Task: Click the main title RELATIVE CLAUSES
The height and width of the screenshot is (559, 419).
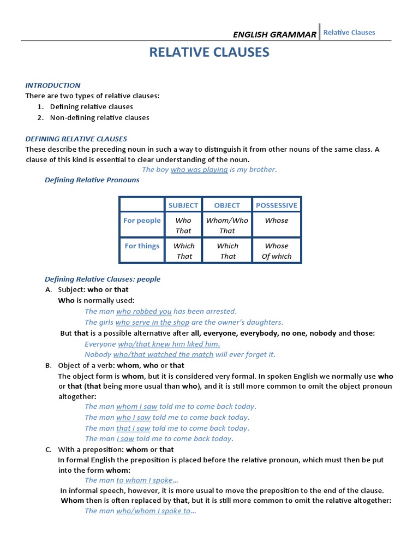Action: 209,52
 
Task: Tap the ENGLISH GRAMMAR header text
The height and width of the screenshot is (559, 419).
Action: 274,34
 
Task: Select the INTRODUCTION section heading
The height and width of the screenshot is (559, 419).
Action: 53,85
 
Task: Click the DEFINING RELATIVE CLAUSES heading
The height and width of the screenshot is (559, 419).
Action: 76,139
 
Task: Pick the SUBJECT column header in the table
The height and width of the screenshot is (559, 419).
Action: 183,205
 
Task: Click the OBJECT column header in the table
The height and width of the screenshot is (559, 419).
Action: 227,205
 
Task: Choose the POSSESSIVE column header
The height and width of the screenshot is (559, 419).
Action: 277,205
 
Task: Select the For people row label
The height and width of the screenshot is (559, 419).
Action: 142,221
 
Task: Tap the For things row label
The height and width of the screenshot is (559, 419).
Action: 142,246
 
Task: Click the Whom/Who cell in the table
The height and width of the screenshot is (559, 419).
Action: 227,221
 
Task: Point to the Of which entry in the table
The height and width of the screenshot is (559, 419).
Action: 277,256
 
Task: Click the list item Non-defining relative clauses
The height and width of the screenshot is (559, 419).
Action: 99,117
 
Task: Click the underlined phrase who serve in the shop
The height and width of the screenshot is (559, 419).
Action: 153,322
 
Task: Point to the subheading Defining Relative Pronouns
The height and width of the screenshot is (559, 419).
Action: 92,180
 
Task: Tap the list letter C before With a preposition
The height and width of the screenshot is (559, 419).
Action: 49,449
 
